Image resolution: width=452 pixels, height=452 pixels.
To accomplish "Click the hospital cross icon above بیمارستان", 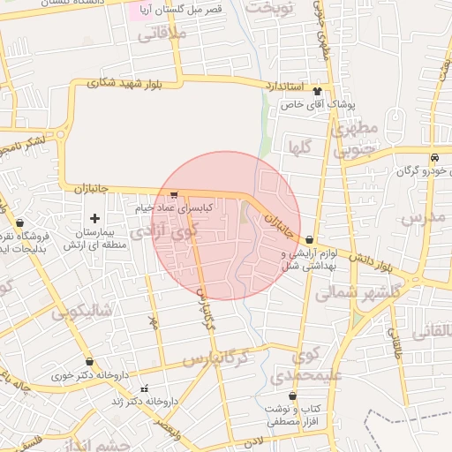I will pyautogui.click(x=95, y=217).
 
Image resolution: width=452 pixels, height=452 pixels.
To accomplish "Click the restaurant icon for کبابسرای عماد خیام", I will pyautogui.click(x=174, y=195).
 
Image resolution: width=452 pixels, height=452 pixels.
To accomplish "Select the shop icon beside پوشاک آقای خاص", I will pyautogui.click(x=318, y=91).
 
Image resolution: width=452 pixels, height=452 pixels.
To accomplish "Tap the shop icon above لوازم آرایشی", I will pyautogui.click(x=309, y=241).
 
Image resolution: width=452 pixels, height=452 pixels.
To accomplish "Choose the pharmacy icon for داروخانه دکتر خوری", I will pyautogui.click(x=89, y=362).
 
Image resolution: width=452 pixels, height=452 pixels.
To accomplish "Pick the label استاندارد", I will pyautogui.click(x=283, y=86).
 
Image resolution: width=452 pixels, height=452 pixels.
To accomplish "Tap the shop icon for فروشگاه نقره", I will pyautogui.click(x=20, y=223).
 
